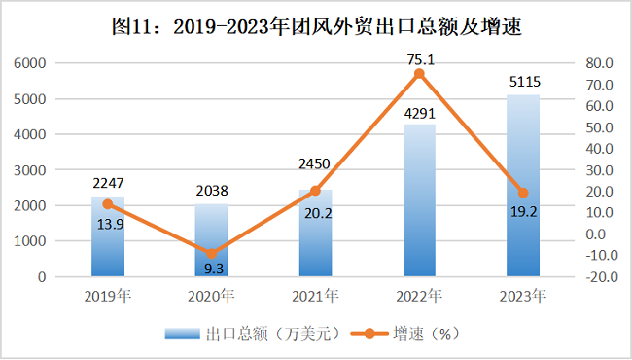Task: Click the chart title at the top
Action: tap(317, 27)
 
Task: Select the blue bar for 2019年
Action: tap(108, 236)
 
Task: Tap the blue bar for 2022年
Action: tap(420, 200)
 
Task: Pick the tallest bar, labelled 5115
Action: tap(523, 186)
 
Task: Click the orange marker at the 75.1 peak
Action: tap(419, 74)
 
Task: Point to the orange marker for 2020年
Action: tap(212, 254)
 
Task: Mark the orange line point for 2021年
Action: tap(316, 191)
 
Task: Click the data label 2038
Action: tap(212, 191)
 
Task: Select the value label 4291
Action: tap(420, 114)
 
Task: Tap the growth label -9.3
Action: tap(212, 269)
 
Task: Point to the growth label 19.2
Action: tap(523, 212)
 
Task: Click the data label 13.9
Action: tap(110, 224)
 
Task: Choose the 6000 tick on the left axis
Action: tap(30, 63)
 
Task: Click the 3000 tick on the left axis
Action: tap(30, 170)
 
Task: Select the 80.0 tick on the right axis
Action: tap(599, 63)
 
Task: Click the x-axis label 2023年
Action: tap(523, 297)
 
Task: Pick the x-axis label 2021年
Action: tap(315, 297)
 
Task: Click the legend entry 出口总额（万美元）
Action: tap(253, 334)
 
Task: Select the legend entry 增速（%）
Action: tap(405, 334)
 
